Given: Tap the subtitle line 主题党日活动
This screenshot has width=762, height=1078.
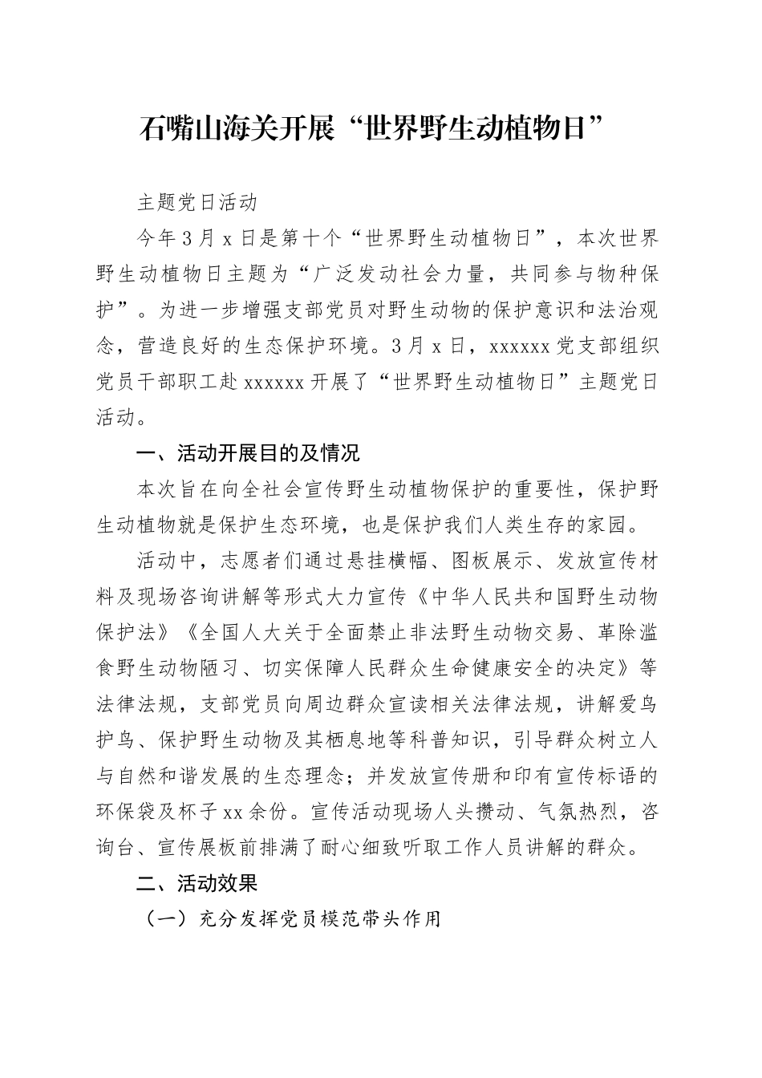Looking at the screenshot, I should [197, 202].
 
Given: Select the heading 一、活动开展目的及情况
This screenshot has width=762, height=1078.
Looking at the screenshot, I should [249, 454].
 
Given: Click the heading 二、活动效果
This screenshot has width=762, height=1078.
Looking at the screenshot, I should [197, 884].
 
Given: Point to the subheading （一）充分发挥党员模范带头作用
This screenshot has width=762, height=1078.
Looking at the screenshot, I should [292, 919].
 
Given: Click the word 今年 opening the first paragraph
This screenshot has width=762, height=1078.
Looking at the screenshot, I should [157, 238].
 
